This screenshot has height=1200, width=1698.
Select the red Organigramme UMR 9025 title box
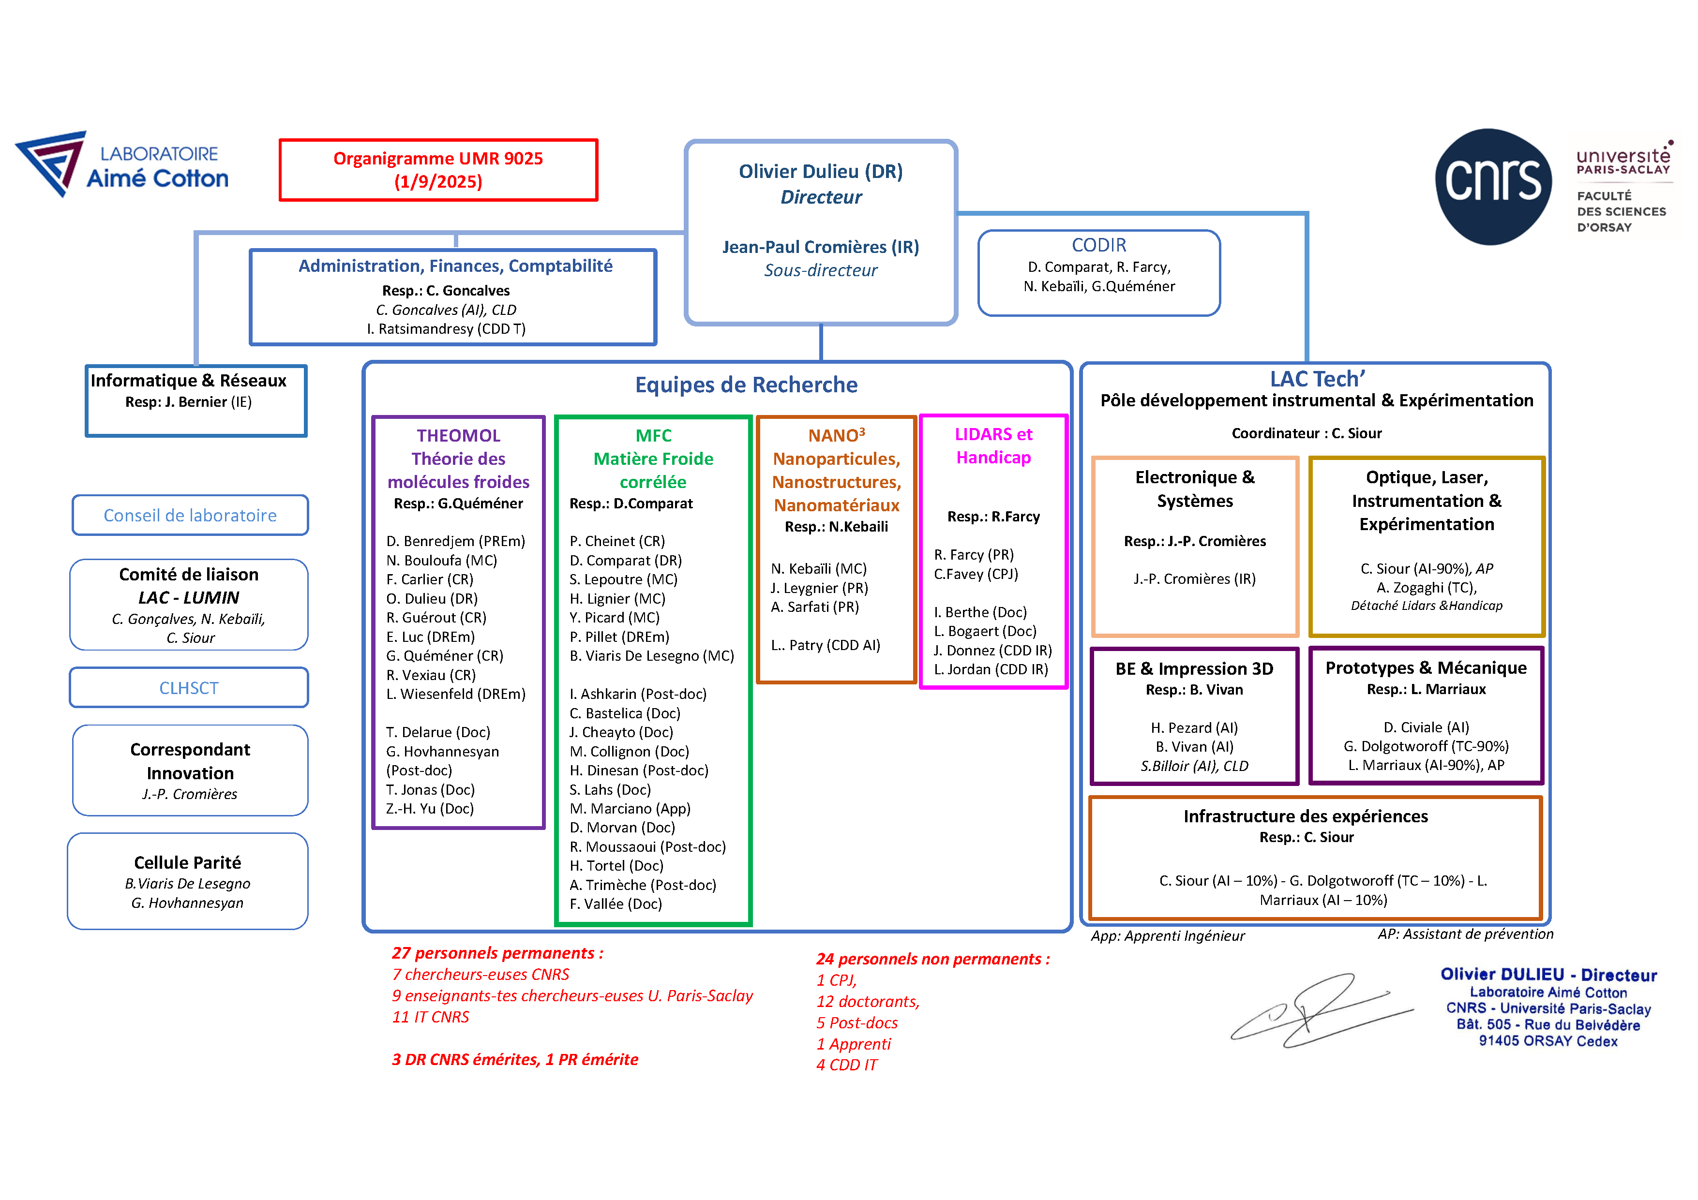(x=438, y=170)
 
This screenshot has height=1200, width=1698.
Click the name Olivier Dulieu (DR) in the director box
(x=821, y=172)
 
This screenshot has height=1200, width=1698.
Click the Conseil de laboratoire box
(x=190, y=515)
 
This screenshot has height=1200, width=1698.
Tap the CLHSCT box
(x=189, y=688)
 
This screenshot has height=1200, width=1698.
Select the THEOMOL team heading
(x=459, y=435)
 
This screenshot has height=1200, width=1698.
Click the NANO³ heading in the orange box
(x=837, y=435)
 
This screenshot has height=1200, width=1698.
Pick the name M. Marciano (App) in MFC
(x=630, y=808)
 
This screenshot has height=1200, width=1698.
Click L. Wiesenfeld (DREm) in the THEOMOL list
(x=455, y=694)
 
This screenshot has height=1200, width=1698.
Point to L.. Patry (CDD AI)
(x=826, y=645)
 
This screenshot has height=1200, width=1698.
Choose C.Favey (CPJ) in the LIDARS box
(x=976, y=574)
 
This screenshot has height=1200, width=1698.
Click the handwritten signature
(x=1322, y=1010)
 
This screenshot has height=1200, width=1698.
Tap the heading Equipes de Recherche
(x=746, y=385)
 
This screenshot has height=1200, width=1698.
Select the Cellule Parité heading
(x=188, y=862)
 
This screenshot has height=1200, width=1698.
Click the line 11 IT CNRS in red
(x=430, y=1017)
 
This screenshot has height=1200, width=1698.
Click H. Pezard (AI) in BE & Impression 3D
(x=1194, y=727)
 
